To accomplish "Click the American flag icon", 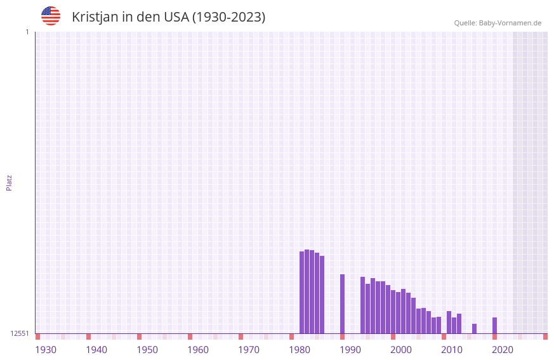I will (51, 16).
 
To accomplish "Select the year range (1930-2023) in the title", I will (228, 17).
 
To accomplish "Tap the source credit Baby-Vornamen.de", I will (498, 23).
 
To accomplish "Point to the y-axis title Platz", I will (9, 182).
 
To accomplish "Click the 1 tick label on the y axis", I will (27, 32).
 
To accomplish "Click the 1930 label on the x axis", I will (46, 350).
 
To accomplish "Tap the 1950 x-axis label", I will (147, 350).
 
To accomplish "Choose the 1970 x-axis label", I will (249, 350).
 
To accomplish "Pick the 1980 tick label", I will (300, 350).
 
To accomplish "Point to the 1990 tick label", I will (350, 350).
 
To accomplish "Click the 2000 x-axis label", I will (401, 350).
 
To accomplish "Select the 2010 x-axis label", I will (452, 350).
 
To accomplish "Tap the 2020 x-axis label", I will (503, 350).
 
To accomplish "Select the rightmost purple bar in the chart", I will (495, 325).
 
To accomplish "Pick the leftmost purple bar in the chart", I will (302, 292).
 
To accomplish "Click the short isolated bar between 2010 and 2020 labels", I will (475, 328).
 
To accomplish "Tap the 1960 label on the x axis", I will (198, 350).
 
